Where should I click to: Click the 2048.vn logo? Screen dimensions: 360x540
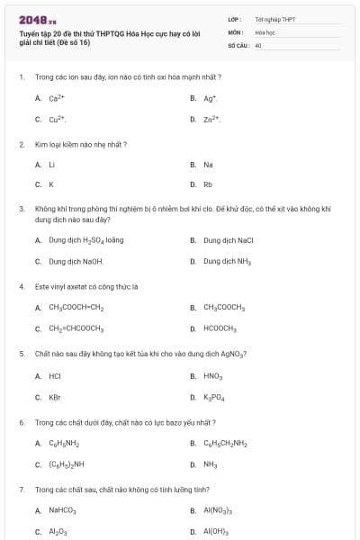point(38,20)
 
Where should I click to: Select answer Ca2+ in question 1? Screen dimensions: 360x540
point(55,98)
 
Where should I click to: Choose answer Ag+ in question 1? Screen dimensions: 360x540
point(210,98)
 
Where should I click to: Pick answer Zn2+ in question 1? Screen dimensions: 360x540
point(211,119)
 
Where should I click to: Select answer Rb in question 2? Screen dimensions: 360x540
point(208,185)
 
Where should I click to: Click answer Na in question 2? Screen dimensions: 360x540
point(208,165)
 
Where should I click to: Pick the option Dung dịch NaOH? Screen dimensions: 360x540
point(76,261)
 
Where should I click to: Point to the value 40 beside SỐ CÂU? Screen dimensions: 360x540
point(258,44)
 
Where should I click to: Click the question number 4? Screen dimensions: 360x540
point(21,287)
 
